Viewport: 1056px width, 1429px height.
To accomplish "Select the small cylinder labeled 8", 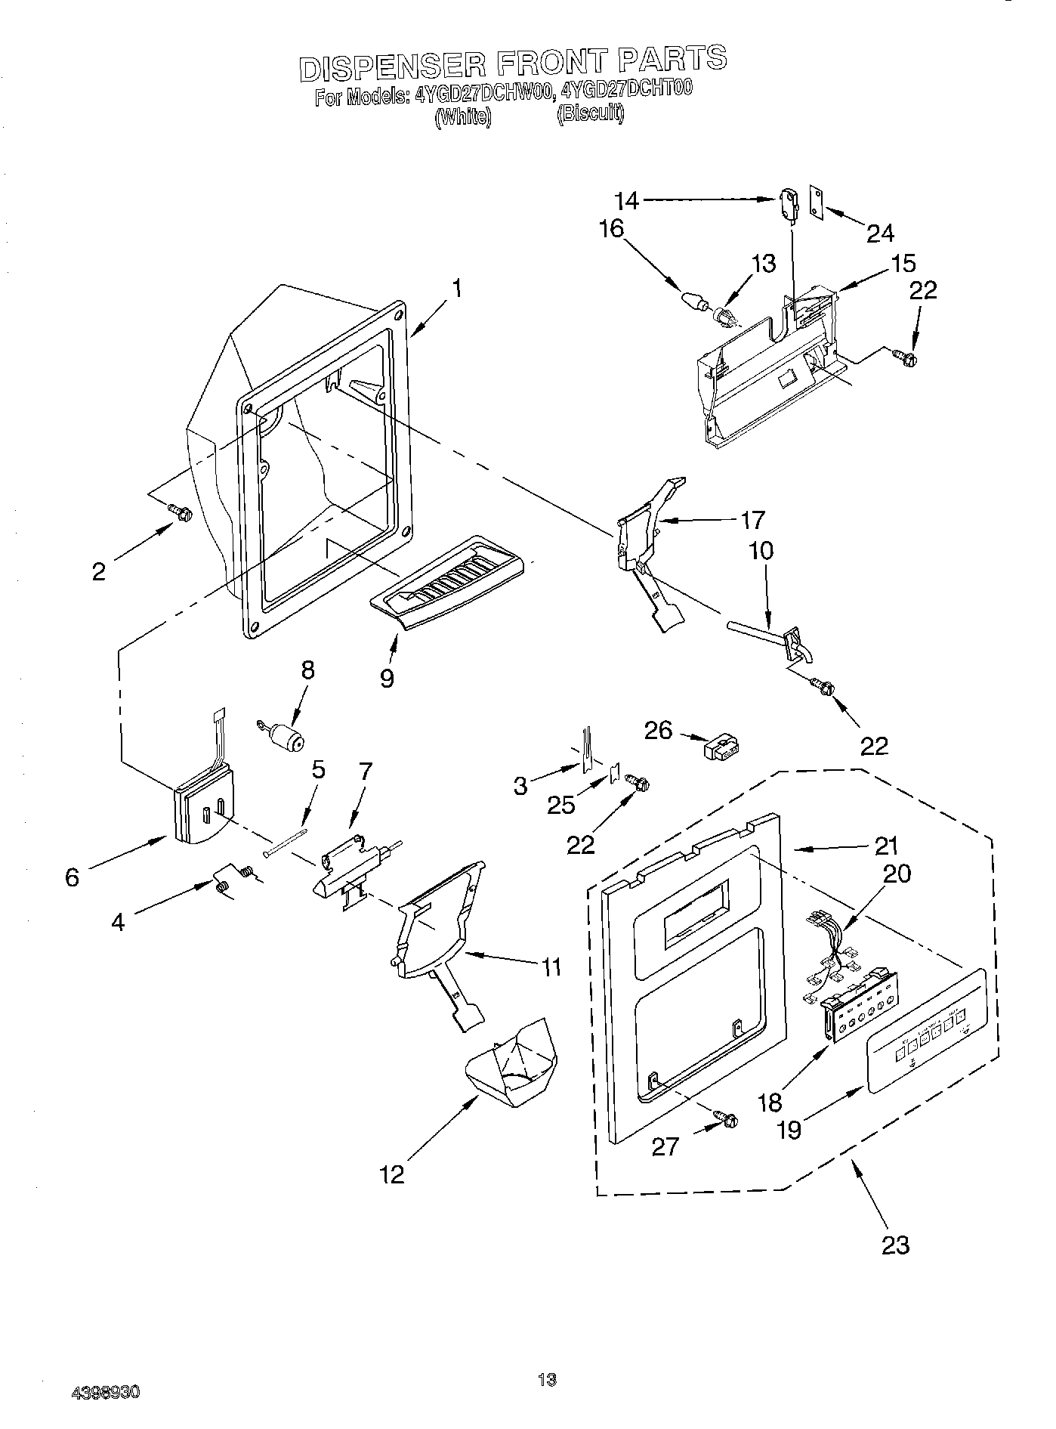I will [x=286, y=735].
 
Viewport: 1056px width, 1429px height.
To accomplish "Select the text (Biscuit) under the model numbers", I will [x=590, y=114].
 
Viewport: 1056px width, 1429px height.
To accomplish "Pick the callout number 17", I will [x=752, y=519].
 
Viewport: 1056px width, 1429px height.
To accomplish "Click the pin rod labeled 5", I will [x=286, y=843].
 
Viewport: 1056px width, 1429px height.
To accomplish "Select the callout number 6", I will [x=72, y=877].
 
